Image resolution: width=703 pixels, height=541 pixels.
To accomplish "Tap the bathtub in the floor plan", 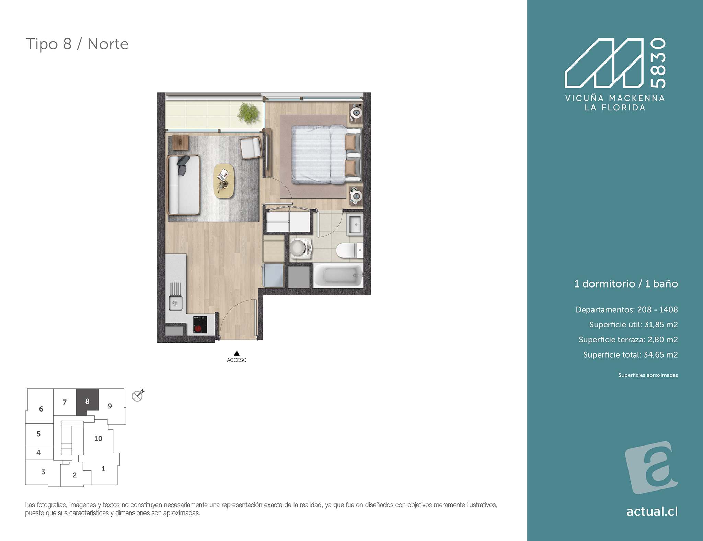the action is (338, 275).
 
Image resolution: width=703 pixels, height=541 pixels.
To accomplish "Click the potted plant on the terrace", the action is (248, 113).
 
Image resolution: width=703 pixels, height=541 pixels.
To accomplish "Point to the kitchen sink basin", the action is (175, 303).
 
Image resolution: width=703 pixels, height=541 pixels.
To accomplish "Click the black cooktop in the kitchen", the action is (200, 325).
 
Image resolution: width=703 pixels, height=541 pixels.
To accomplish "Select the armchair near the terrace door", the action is (251, 148).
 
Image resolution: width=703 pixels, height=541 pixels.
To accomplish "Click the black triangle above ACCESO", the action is (237, 353).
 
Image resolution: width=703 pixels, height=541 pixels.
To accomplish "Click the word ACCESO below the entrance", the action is (237, 360).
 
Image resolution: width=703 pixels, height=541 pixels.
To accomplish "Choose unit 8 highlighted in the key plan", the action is (87, 399).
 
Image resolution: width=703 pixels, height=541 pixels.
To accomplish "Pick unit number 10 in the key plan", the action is (98, 438).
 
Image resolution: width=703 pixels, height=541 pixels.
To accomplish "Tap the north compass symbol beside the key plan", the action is (138, 395).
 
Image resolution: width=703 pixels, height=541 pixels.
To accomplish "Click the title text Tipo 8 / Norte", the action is (77, 44).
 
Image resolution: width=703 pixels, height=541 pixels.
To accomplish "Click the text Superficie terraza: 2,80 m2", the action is (628, 340).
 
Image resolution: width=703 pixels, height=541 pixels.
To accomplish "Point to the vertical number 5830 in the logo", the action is (658, 63).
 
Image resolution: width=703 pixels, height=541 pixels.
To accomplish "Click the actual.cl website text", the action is (652, 511).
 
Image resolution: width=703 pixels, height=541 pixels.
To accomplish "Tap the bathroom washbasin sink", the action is (355, 224).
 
